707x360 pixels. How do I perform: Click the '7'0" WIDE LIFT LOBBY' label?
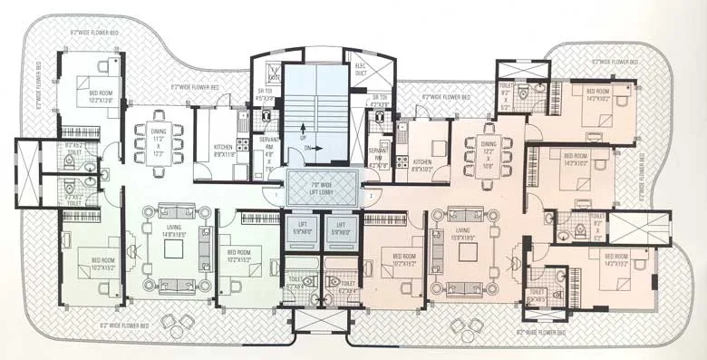click(321, 188)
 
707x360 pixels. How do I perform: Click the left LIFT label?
click(301, 229)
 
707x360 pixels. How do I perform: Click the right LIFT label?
click(340, 229)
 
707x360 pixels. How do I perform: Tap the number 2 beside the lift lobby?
click(369, 195)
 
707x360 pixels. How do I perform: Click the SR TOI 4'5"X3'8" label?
click(266, 68)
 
